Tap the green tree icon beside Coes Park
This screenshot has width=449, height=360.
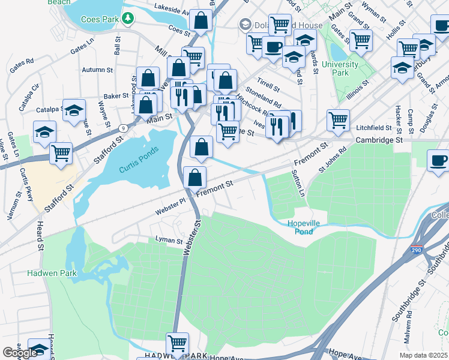[127, 19]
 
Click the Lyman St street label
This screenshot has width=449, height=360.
[168, 241]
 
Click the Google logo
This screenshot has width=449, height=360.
[20, 353]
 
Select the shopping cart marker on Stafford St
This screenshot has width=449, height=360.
[61, 153]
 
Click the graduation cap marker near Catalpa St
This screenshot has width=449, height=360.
[74, 110]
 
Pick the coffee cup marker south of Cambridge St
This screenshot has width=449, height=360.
[438, 160]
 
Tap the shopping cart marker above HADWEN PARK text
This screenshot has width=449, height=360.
[177, 343]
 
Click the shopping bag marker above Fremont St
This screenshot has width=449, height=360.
[194, 177]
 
